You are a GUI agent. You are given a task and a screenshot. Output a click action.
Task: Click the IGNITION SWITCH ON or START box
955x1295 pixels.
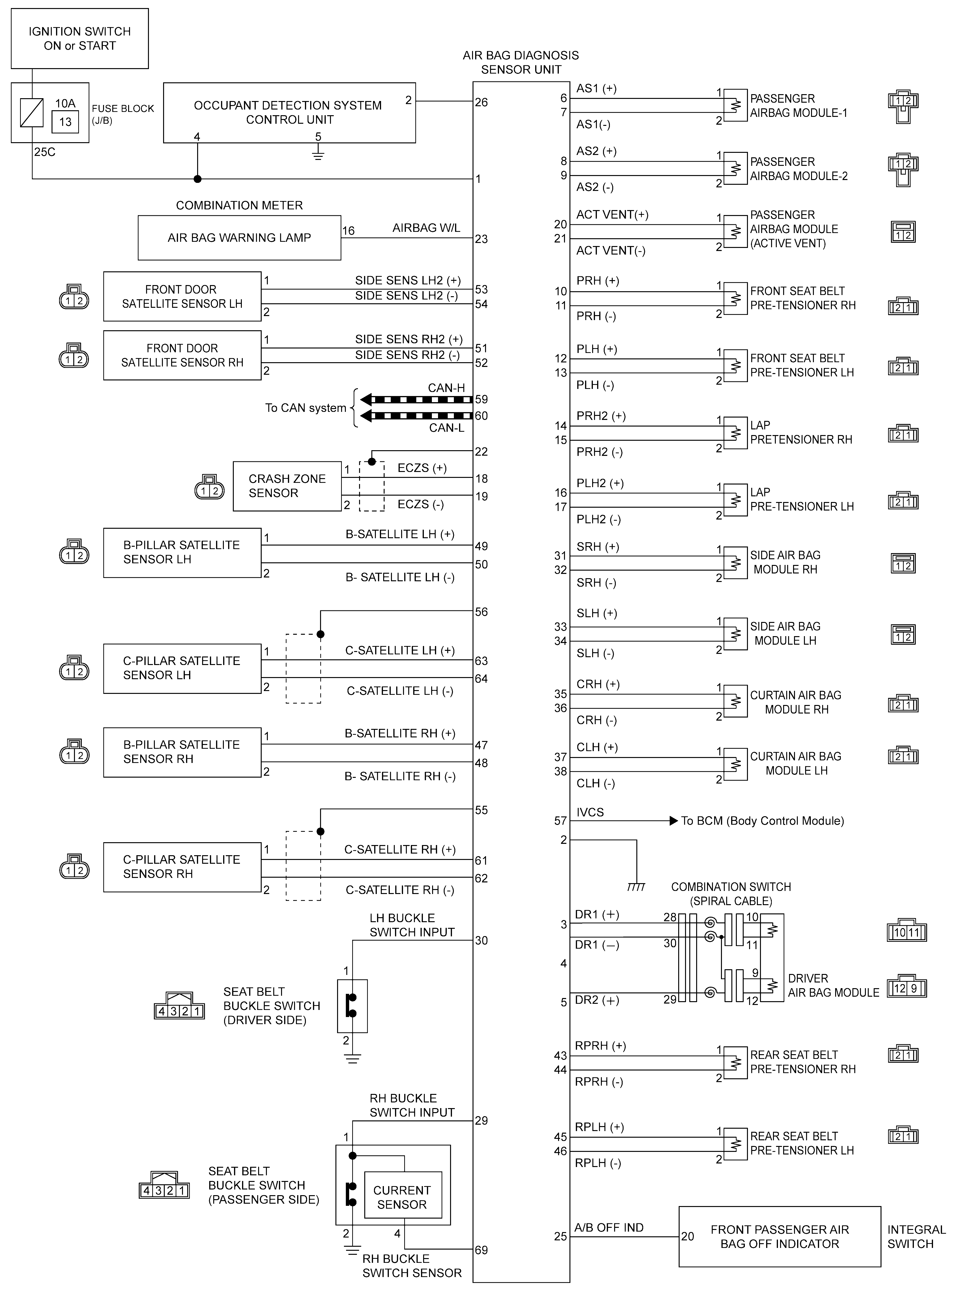pos(80,39)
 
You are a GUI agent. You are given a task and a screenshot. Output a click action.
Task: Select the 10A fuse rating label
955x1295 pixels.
pos(65,104)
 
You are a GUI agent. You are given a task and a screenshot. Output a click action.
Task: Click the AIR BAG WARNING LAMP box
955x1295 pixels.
pos(239,238)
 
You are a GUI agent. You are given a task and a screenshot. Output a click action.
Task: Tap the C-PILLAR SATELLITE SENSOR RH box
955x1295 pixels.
pos(182,866)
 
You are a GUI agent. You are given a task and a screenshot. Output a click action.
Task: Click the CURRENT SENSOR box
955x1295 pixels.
pos(402,1197)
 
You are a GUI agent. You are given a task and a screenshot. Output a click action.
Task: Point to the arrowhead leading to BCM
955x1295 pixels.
pos(673,821)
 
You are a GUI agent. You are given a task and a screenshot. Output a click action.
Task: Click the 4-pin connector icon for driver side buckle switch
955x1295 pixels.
pos(179,1008)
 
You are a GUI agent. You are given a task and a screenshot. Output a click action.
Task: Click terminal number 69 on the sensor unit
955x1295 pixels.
pos(482,1250)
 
